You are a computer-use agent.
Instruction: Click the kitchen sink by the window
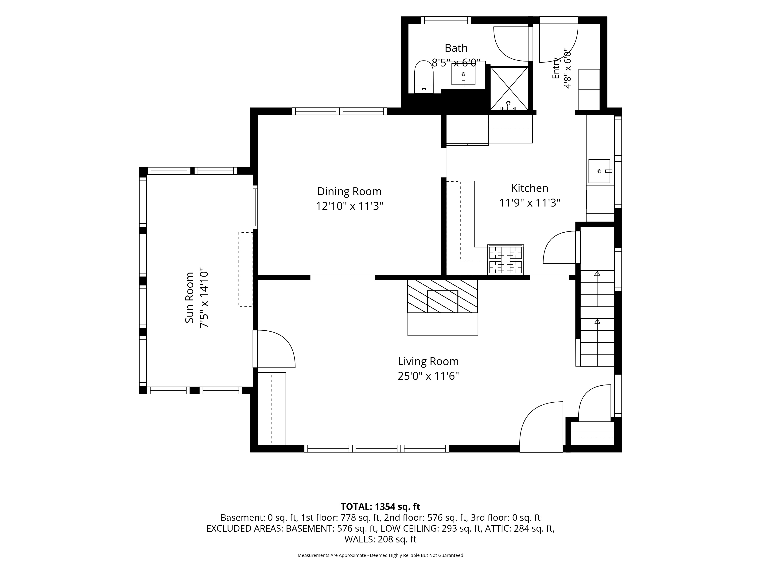tap(599, 171)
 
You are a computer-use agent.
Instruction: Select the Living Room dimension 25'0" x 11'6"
tap(428, 376)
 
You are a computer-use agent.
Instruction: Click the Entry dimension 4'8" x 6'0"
tap(567, 69)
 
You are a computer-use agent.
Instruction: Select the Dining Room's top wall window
tap(340, 111)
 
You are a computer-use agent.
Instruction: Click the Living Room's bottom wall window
tap(376, 448)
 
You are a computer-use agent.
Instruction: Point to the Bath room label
tap(456, 48)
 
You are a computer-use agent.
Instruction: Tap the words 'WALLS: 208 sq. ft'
tap(380, 539)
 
